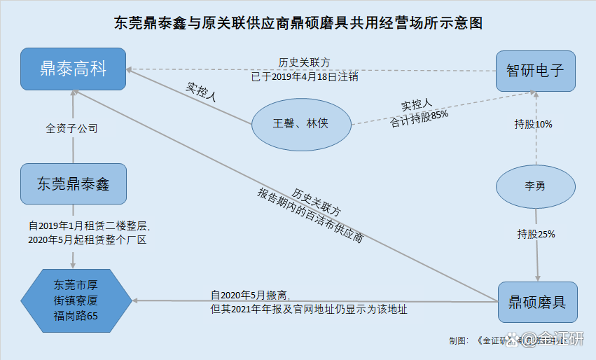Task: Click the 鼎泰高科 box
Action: [x=73, y=69]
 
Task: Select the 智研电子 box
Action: [x=535, y=71]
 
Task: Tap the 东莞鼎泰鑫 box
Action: [x=73, y=184]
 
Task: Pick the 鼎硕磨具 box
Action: [x=537, y=302]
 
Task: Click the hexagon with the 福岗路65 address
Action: [x=76, y=300]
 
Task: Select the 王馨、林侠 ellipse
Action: [x=300, y=124]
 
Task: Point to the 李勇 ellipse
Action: [x=536, y=187]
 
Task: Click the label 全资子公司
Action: [x=71, y=129]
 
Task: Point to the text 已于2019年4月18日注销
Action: [x=305, y=76]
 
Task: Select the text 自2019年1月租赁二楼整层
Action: [x=89, y=226]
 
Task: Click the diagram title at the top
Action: [x=298, y=22]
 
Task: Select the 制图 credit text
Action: [x=459, y=340]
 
